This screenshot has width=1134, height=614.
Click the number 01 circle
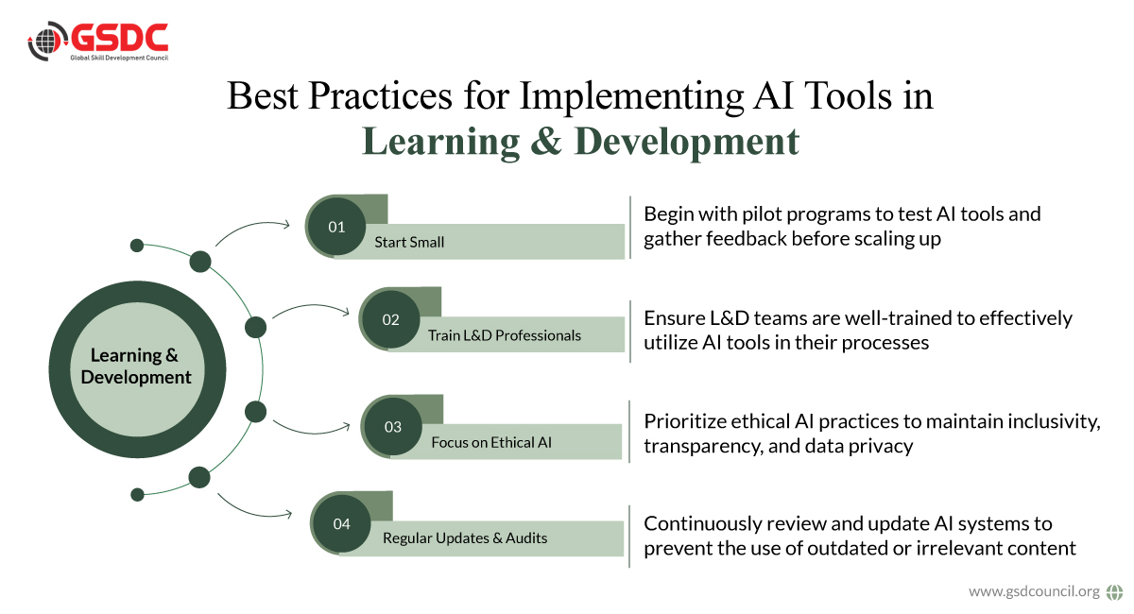[x=336, y=227]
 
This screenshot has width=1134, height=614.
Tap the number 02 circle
[x=391, y=319]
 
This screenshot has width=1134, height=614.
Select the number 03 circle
[x=393, y=426]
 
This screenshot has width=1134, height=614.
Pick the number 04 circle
[x=342, y=523]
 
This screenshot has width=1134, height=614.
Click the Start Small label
[x=409, y=242]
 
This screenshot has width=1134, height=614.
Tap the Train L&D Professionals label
[x=505, y=335]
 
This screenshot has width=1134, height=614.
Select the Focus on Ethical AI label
[x=491, y=442]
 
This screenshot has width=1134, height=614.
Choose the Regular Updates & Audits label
[x=465, y=538]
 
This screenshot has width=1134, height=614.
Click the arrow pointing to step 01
[x=251, y=227]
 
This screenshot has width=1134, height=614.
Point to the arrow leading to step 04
[x=253, y=511]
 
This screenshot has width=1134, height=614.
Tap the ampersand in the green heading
[x=546, y=141]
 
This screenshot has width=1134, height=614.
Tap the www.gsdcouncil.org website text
[x=1034, y=591]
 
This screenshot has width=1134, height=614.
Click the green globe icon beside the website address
[x=1114, y=591]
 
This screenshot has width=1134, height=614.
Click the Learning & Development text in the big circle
[x=136, y=366]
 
